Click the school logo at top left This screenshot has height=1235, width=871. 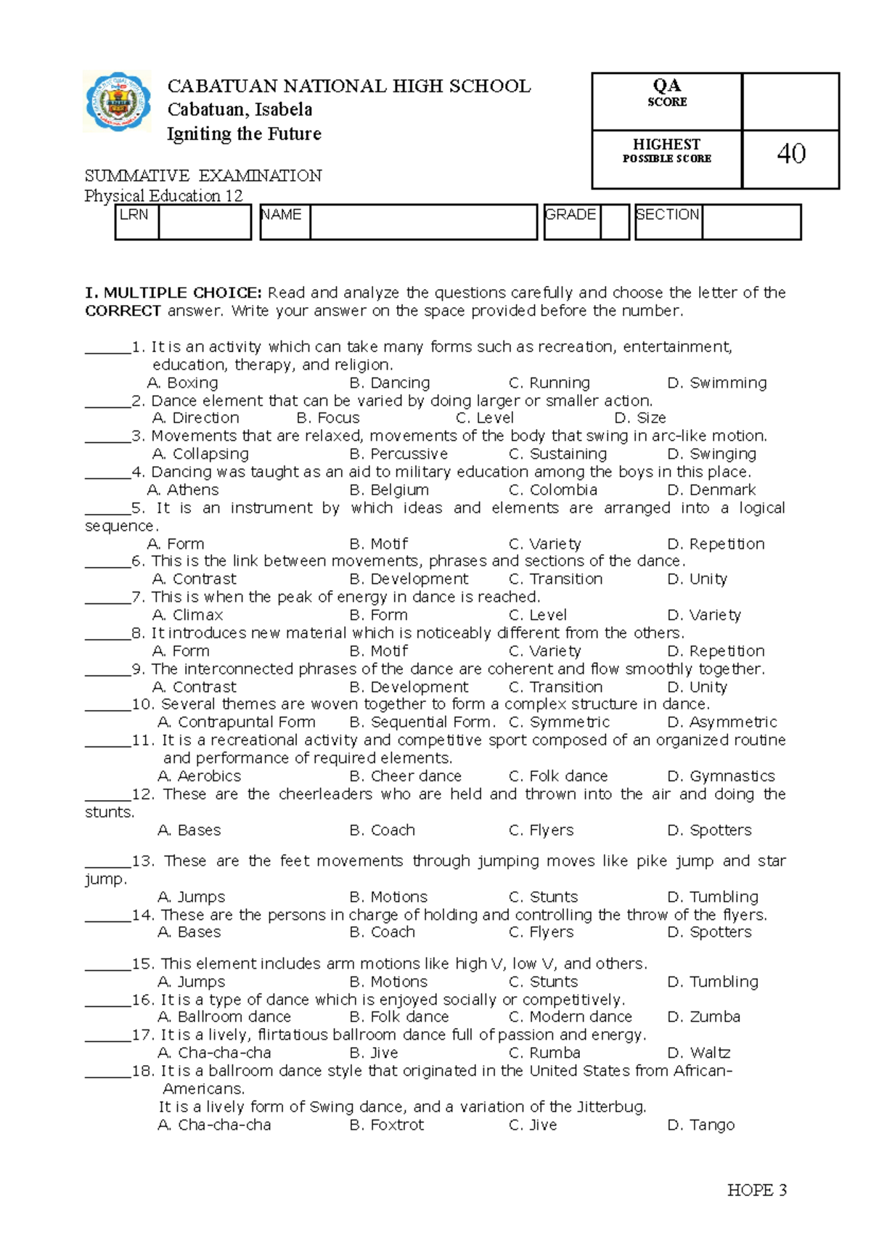pos(118,102)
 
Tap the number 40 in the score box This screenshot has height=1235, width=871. pos(790,154)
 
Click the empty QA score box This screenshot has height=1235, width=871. pos(790,102)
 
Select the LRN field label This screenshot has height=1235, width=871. pos(134,215)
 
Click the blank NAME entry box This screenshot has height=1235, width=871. pos(422,222)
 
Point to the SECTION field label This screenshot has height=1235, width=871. pos(667,215)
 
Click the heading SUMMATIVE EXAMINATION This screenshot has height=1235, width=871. pos(203,176)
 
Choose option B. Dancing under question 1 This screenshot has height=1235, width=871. pos(390,383)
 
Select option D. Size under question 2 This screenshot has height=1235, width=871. pos(640,418)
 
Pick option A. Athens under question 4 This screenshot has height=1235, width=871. pos(183,490)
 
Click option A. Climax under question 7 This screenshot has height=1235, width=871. pos(187,615)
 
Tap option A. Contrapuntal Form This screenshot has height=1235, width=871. pos(237,722)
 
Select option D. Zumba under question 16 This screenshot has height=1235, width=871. pos(703,1017)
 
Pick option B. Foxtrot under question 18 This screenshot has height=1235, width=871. pos(387,1125)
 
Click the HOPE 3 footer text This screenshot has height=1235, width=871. pos(757,1191)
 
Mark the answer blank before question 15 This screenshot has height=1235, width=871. pos(107,964)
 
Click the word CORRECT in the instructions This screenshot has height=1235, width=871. pos(123,311)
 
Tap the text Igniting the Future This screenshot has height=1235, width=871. pos(244,134)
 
